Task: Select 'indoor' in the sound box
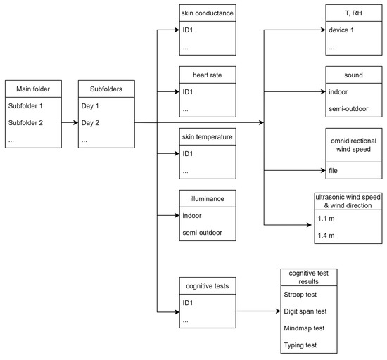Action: click(x=339, y=91)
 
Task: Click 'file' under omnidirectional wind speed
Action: click(x=334, y=170)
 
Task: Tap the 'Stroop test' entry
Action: click(x=303, y=294)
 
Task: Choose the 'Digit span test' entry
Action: click(x=307, y=311)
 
